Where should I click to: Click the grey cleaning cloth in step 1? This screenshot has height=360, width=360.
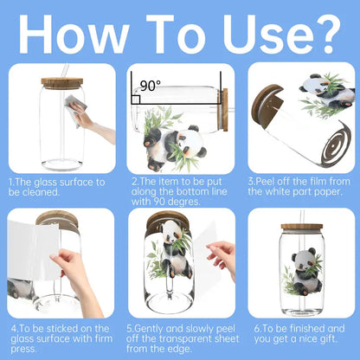point(75,109)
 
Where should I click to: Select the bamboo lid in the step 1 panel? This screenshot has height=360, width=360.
point(62,83)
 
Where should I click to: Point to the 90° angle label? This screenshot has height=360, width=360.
point(151,86)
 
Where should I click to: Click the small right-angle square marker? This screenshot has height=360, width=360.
point(136,100)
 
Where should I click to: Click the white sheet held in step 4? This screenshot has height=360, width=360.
point(34,250)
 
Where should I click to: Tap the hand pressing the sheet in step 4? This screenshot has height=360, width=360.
point(75,277)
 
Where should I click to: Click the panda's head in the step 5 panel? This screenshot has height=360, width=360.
point(172,232)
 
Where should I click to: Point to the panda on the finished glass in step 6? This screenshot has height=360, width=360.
point(305,272)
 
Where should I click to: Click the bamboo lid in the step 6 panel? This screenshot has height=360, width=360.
point(302,228)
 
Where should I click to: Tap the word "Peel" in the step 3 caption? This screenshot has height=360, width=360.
point(266,182)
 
